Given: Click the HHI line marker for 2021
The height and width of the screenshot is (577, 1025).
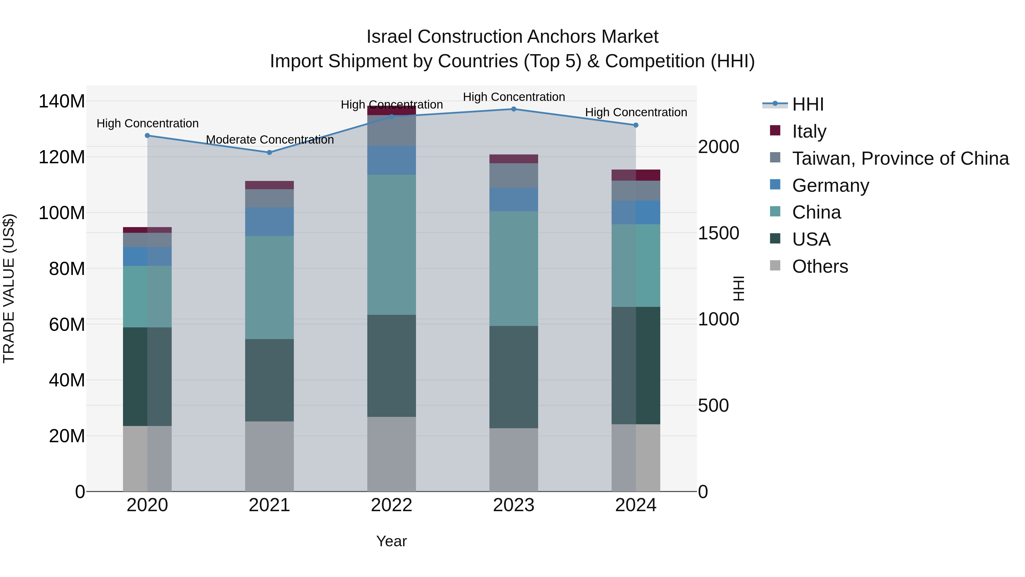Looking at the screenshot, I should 269,152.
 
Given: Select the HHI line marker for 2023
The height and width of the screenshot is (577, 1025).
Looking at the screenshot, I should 513,109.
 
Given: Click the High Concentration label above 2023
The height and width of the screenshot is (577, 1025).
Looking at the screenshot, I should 513,97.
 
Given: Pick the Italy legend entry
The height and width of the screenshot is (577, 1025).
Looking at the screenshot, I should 809,131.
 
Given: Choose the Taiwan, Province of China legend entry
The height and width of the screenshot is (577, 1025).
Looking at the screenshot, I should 900,158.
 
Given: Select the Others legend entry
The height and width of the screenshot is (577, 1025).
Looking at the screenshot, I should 820,266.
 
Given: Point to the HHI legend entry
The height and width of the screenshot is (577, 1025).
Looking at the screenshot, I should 807,104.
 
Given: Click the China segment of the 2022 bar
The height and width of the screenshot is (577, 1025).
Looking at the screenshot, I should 391,245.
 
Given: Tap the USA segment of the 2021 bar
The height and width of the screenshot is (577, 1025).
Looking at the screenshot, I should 269,380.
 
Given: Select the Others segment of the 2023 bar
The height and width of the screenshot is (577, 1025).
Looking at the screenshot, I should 513,460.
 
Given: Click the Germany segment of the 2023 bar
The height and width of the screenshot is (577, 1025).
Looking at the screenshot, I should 513,199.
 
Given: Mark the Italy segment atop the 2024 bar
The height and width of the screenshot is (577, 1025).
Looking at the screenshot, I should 635,175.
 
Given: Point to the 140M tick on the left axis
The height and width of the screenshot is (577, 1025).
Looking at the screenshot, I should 62,101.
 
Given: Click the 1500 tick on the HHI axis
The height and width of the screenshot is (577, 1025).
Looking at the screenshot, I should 718,233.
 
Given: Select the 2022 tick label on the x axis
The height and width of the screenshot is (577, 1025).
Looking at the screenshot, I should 391,505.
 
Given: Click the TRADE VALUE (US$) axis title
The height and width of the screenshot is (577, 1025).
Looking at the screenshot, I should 9,288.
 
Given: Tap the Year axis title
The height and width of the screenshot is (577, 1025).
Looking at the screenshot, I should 391,541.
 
